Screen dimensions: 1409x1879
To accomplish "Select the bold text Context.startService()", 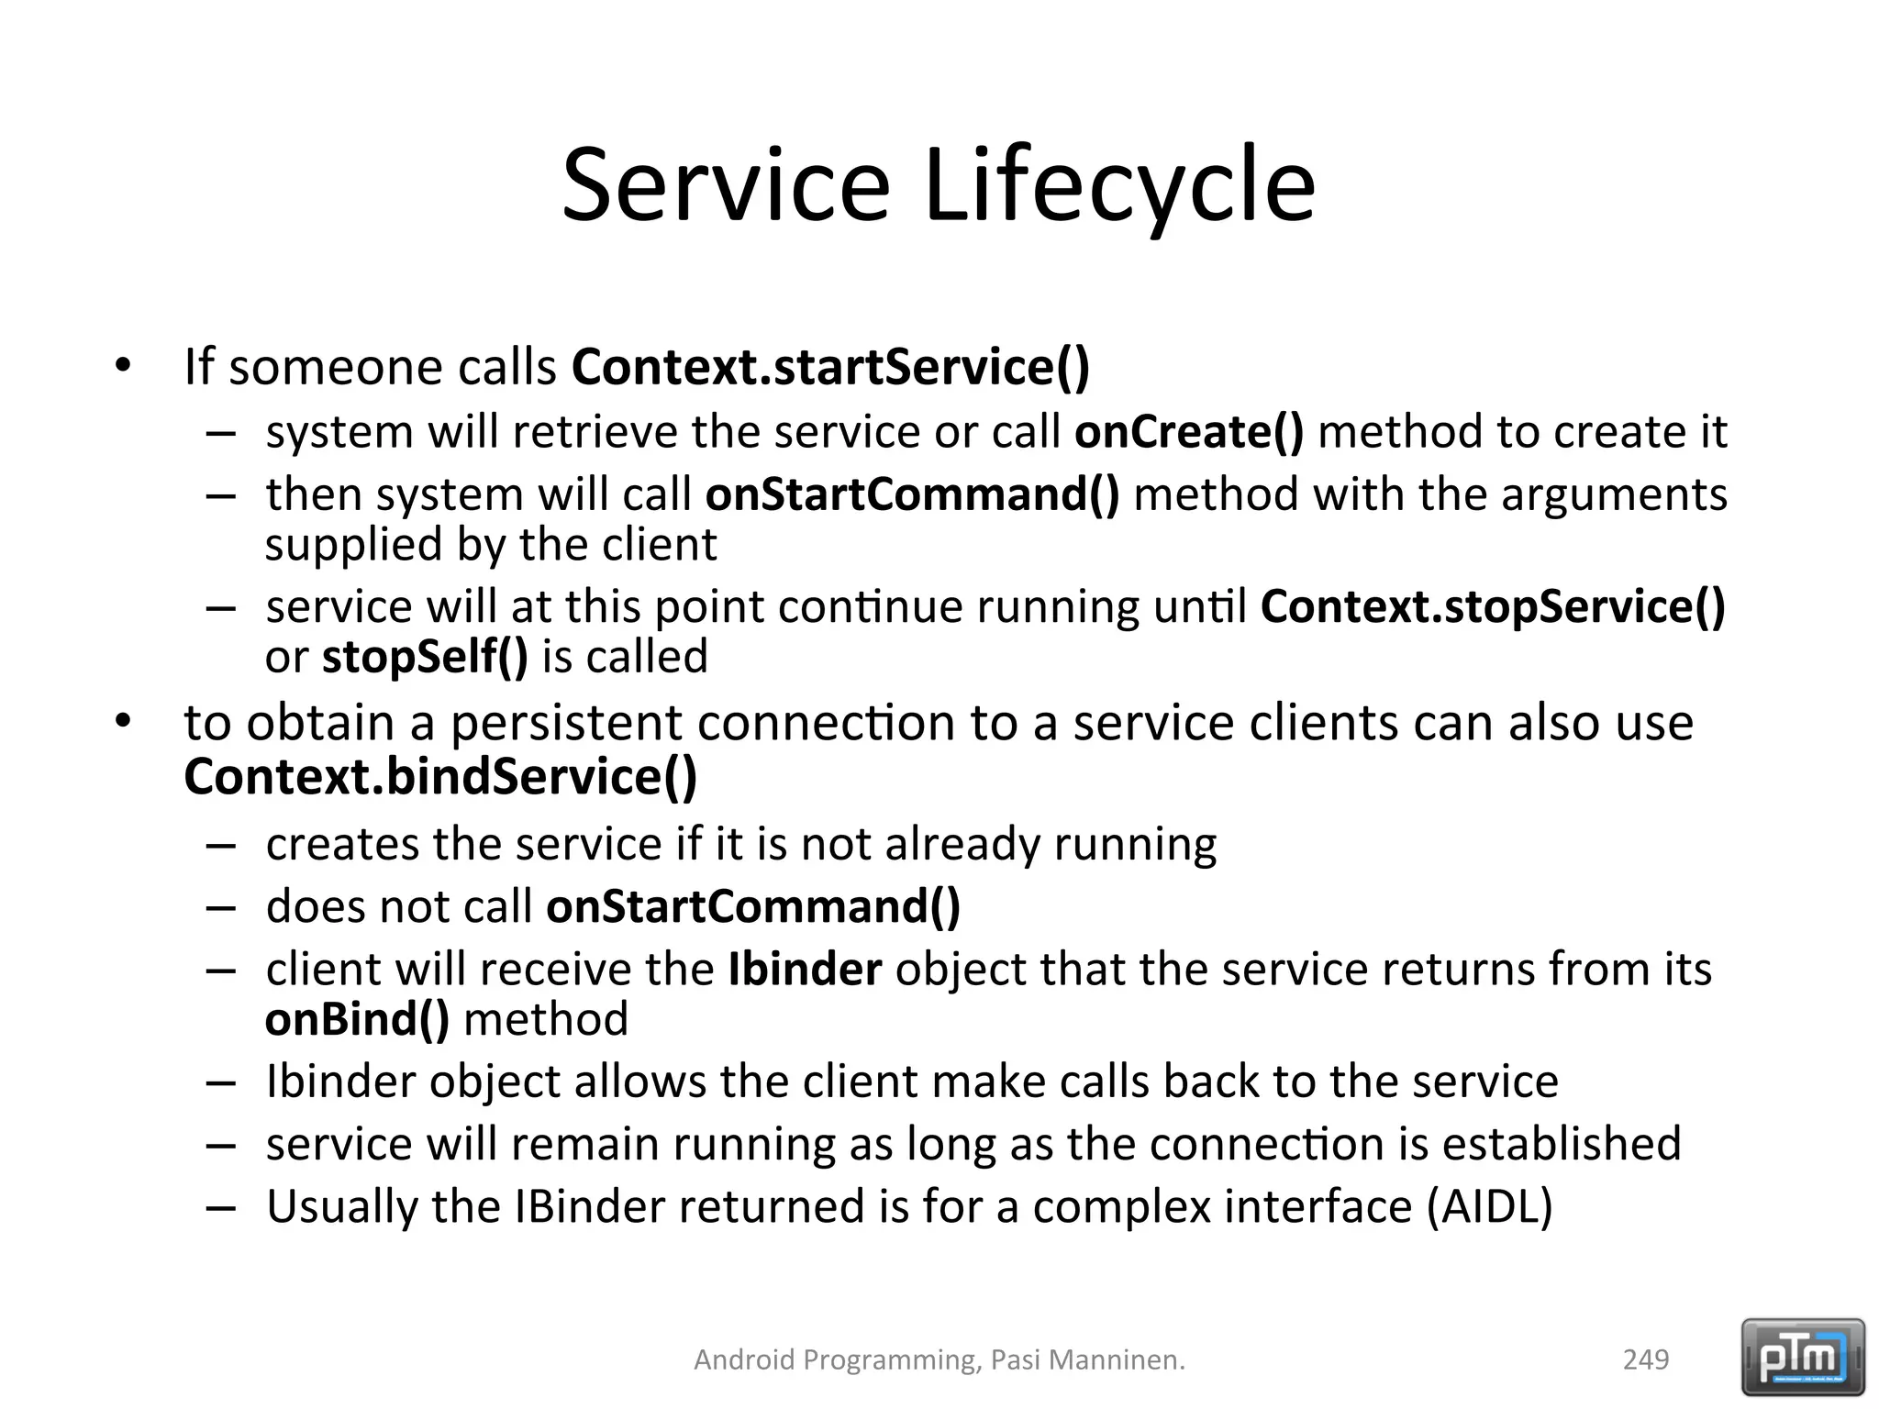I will point(830,366).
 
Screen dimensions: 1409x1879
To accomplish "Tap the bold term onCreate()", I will point(1188,431).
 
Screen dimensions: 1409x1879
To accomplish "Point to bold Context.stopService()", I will point(1493,606).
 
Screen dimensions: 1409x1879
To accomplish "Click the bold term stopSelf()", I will point(425,657).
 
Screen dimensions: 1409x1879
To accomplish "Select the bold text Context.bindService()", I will point(440,776).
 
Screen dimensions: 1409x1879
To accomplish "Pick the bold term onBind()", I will point(357,1019).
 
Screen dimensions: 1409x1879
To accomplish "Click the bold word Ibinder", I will point(805,969).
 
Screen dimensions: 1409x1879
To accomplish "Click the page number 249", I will point(1646,1359).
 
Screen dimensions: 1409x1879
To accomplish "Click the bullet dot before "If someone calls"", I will point(123,367).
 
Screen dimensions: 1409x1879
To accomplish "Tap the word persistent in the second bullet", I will point(565,723).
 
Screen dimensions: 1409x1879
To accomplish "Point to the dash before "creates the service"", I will point(221,845).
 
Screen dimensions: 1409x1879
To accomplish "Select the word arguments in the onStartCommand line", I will point(1614,494).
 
